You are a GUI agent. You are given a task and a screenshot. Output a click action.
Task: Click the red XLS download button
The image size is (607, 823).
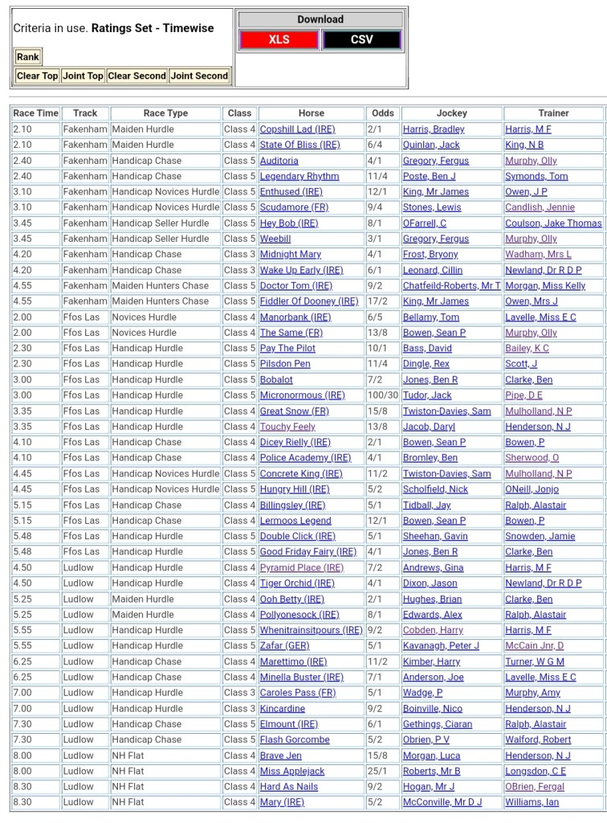(279, 39)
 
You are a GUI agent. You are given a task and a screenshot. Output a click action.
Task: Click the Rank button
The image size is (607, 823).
(28, 57)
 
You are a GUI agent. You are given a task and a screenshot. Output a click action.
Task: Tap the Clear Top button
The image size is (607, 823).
(38, 76)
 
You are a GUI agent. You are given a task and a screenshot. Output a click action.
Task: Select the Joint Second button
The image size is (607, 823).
(199, 76)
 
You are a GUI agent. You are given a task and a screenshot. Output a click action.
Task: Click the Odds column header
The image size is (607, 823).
(383, 113)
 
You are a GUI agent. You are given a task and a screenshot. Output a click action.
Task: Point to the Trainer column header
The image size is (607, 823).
(553, 113)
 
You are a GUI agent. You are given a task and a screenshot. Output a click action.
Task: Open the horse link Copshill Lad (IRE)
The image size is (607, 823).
(297, 129)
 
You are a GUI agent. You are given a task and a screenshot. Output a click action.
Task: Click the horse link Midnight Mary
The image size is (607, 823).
(291, 254)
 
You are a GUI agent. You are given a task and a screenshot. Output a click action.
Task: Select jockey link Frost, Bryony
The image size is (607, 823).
(430, 254)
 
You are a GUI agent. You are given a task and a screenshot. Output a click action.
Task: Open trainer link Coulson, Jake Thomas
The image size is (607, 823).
(553, 223)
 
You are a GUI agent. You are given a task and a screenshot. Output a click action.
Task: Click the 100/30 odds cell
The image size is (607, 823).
(382, 395)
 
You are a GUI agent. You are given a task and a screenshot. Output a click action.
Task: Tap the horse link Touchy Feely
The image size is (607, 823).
(287, 427)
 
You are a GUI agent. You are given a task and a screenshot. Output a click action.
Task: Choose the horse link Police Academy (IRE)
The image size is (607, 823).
(305, 458)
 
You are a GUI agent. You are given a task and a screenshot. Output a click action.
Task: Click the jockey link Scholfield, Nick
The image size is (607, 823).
(435, 489)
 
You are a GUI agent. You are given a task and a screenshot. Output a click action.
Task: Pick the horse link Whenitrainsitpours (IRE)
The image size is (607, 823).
(311, 630)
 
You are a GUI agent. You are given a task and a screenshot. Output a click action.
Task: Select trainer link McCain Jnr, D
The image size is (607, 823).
(535, 645)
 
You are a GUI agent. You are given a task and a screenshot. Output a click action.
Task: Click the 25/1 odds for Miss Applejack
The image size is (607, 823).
(377, 772)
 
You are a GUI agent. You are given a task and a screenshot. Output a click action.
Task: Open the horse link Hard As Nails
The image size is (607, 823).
(289, 787)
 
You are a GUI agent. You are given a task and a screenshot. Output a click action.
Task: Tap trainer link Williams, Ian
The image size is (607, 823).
(532, 802)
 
